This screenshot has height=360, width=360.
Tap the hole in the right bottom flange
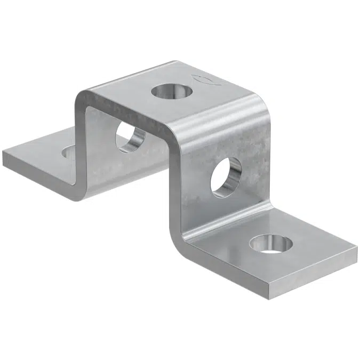pos(270,244)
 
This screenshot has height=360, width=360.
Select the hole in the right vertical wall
pos(226,177)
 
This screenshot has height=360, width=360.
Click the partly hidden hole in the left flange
pos(68,153)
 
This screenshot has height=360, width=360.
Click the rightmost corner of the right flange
pos(357,249)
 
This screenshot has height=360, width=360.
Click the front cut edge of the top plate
pos(133,114)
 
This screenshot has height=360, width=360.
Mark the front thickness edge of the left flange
pos(37,176)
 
